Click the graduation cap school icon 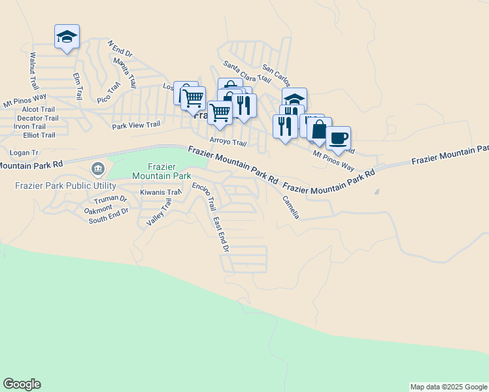[67, 37]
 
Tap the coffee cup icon [338, 139]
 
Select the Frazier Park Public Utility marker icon [98, 170]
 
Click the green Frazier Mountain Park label [161, 171]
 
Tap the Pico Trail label [109, 92]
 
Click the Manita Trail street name [124, 73]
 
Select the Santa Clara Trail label [246, 72]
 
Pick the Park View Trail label [136, 125]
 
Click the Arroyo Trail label [228, 142]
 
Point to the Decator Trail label [38, 118]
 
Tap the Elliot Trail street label [39, 135]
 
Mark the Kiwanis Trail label [160, 193]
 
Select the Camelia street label [290, 207]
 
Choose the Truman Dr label [110, 199]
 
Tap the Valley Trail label [158, 212]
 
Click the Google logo [22, 384]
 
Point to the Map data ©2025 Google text [448, 387]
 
